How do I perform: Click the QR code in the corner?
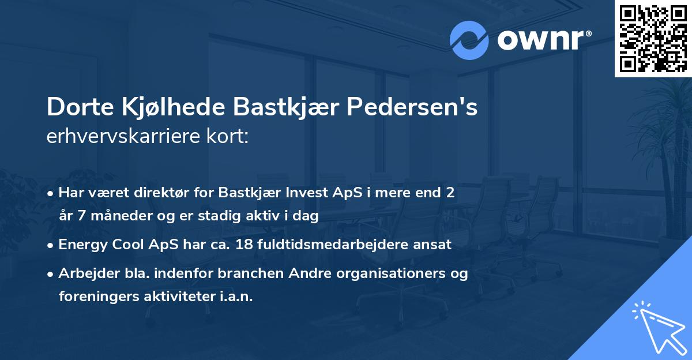653,38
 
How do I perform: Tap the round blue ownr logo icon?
469,40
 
